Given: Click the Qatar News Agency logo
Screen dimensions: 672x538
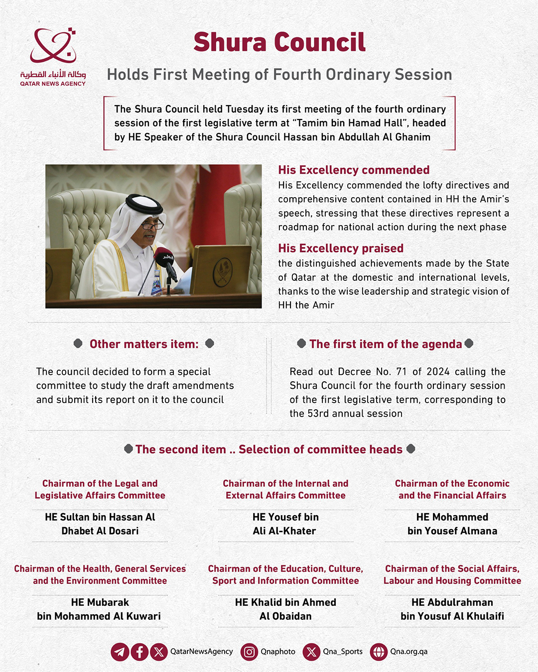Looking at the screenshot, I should point(53,56).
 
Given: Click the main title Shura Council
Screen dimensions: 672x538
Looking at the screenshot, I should point(279,42).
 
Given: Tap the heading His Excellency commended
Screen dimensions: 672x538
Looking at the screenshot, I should point(354,170).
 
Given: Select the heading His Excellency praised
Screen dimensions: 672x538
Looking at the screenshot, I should point(341,248).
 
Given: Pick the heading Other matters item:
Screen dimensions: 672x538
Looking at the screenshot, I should point(144,344).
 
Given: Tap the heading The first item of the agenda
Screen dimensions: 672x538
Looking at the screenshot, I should point(386,344).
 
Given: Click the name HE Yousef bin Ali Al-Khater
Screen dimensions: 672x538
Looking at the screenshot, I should point(285,524).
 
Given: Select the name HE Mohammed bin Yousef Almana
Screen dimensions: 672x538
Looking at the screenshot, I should point(452,524).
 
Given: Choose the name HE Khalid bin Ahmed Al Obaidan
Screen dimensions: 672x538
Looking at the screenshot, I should point(285,609).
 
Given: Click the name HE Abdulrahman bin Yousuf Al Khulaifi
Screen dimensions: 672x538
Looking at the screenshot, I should point(452,609).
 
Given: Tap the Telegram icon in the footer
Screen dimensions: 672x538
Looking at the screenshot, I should point(120,652).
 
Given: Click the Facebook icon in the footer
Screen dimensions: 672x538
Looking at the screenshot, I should point(139,652).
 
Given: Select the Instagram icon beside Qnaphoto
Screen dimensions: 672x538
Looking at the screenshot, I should point(249,652).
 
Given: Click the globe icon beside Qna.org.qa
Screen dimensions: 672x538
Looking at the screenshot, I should point(379,652).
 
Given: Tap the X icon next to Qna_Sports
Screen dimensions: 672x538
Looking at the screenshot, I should point(311,652).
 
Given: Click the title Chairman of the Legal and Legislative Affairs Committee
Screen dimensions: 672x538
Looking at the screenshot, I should point(100,489).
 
